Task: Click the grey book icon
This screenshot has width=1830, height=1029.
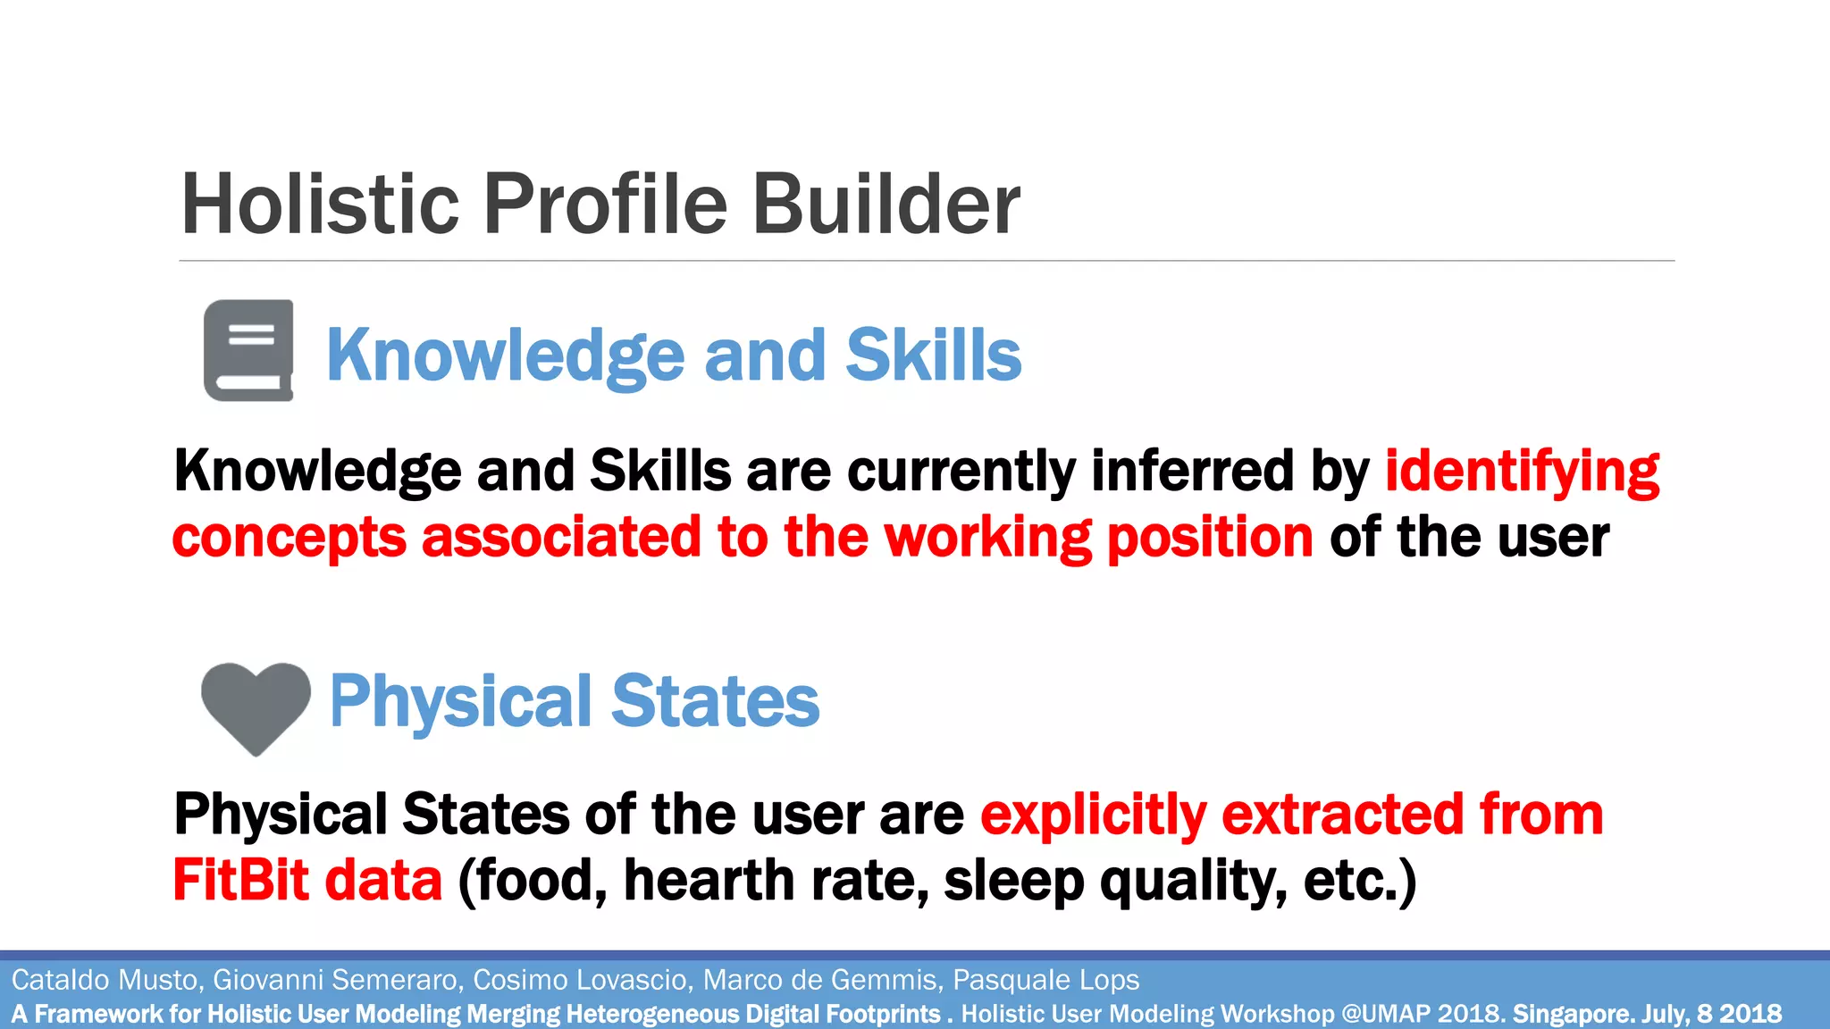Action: point(248,350)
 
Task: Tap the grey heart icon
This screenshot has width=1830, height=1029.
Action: point(256,706)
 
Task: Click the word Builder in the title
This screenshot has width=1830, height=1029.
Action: point(886,205)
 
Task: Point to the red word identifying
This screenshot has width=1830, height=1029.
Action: point(1522,472)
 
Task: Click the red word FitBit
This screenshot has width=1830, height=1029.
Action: point(240,881)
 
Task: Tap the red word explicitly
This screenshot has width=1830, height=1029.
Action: point(1093,816)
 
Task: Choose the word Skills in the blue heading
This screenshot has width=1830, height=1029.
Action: point(933,355)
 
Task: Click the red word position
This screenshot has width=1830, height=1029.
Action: point(1210,538)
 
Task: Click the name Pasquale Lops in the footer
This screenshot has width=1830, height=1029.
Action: point(1045,980)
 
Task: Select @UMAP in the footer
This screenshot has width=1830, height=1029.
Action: point(1386,1014)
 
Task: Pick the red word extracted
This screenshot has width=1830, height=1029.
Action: point(1342,816)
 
